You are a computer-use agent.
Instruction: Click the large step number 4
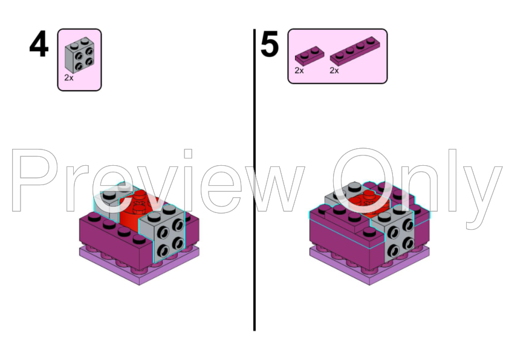39,46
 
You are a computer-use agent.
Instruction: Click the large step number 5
270,46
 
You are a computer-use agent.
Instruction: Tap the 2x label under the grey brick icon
69,78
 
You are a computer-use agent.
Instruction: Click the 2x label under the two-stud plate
299,71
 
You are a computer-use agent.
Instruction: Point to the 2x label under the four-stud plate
334,71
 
